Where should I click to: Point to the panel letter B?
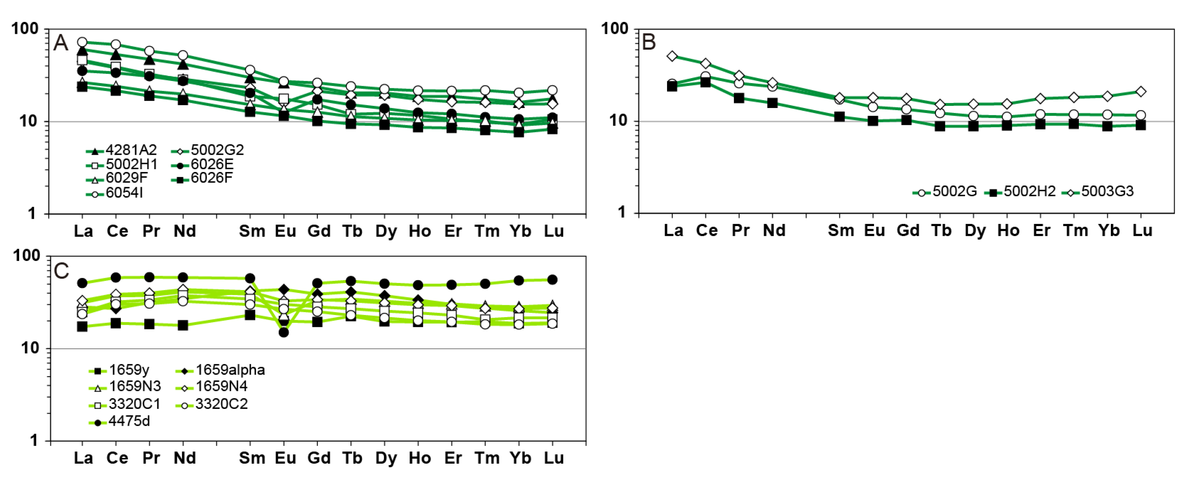[x=648, y=42]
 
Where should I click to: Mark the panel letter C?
[x=61, y=271]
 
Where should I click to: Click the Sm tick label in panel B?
[x=841, y=230]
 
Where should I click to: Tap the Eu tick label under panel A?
[x=285, y=231]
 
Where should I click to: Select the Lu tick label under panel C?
[x=553, y=458]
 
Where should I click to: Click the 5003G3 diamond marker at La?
[x=672, y=56]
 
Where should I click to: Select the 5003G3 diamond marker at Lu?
[x=1141, y=92]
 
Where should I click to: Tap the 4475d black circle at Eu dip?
[x=284, y=332]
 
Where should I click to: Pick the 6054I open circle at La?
[x=82, y=42]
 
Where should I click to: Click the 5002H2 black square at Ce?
[x=706, y=82]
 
